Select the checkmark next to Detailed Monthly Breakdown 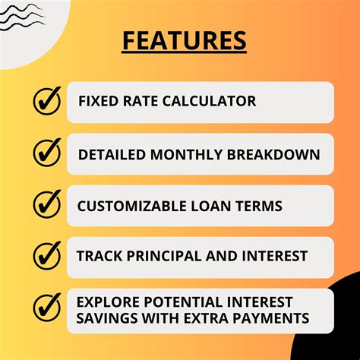point(46,153)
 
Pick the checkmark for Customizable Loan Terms point(46,204)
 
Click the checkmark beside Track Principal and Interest point(46,256)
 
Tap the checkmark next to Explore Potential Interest point(46,307)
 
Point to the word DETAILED point(111,154)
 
